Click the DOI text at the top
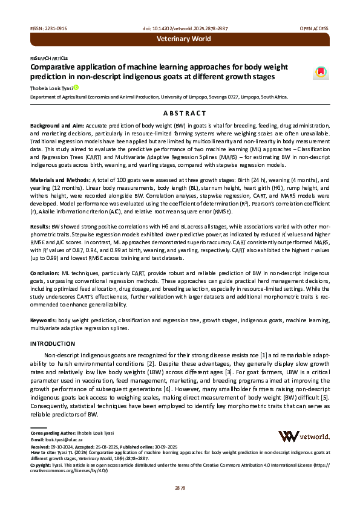coord(180,28)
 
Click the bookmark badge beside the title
coord(320,73)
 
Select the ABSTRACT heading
coord(180,113)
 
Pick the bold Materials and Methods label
coord(61,180)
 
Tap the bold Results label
coord(41,226)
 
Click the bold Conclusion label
coord(46,273)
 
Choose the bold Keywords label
coord(44,319)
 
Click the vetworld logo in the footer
coord(303,436)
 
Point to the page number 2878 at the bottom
coord(180,487)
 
